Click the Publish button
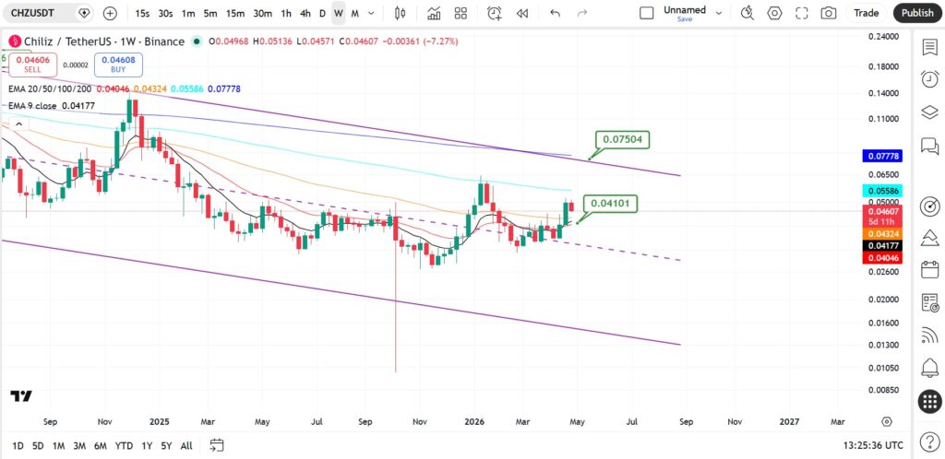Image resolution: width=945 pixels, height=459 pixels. (917, 13)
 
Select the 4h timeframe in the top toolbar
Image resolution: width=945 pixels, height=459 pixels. (305, 13)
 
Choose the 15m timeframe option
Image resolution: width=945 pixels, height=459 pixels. (235, 13)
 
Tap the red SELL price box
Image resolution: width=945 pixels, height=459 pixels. (32, 65)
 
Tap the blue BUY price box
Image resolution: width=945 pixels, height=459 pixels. (118, 65)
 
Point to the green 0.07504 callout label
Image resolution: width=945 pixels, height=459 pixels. (623, 140)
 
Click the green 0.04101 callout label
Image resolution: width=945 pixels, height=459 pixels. (610, 204)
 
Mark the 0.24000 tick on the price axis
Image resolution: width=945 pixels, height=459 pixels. (883, 36)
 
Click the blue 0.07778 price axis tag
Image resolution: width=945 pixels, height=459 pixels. (883, 157)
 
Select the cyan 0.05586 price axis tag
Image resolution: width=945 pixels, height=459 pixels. (883, 191)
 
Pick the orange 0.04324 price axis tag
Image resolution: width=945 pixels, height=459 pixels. (883, 233)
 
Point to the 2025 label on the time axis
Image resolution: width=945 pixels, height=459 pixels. (160, 422)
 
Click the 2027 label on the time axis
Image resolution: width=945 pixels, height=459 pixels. (790, 422)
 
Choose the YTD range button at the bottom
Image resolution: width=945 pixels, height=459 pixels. (124, 446)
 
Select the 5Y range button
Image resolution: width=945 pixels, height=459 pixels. (166, 446)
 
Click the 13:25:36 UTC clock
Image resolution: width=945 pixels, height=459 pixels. (873, 446)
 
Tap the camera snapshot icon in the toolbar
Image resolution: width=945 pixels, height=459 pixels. (829, 13)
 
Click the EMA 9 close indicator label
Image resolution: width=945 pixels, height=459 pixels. (32, 106)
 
